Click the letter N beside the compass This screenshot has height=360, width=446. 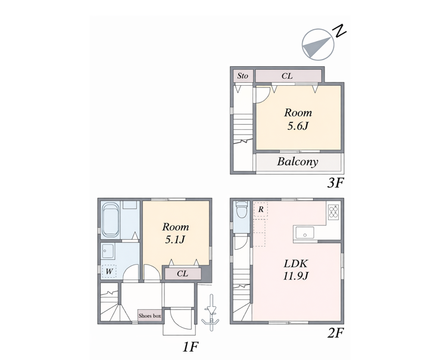340,31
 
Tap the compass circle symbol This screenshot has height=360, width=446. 318,45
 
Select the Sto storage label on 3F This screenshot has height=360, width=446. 242,76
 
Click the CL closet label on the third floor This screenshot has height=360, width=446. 287,76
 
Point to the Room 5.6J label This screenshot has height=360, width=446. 298,119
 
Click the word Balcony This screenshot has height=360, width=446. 298,162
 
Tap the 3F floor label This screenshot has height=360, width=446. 336,183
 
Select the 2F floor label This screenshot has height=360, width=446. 336,333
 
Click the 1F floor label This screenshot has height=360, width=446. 190,347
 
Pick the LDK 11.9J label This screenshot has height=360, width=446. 296,269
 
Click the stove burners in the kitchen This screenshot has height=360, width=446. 333,212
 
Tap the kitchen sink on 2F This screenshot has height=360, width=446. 305,233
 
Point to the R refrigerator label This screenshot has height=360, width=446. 261,210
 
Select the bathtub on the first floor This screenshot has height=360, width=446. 110,219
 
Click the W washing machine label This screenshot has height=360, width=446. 109,271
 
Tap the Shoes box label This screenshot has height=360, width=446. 149,316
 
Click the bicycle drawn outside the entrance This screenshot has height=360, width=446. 211,312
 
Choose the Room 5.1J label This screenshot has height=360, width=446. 175,233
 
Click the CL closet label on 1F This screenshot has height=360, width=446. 182,274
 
